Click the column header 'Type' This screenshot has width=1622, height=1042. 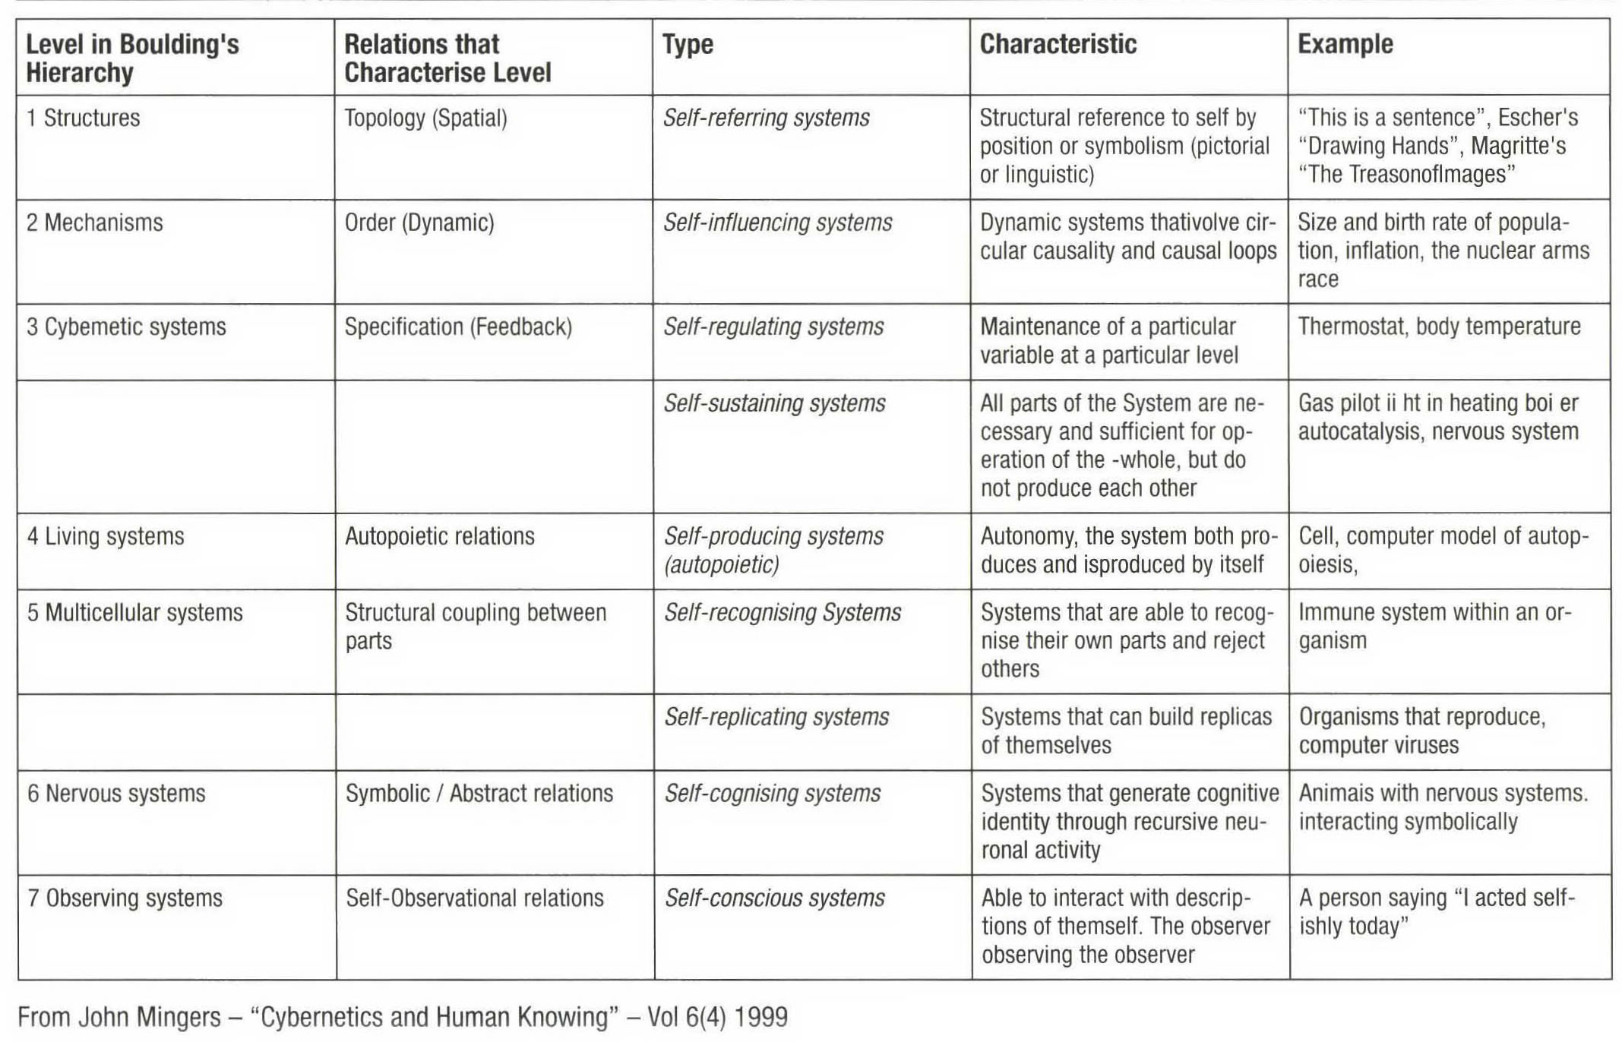point(688,44)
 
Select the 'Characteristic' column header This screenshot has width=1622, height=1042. point(1058,44)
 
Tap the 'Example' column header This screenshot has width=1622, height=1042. point(1345,44)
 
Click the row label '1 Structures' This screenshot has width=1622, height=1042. point(84,118)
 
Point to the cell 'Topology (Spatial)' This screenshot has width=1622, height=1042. point(425,118)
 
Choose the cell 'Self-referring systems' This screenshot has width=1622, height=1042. point(766,118)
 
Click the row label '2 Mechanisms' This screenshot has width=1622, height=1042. point(95,223)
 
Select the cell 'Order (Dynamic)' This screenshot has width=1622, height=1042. point(419,223)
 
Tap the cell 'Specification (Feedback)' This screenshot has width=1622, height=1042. point(458,327)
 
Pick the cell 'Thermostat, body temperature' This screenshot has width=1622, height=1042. point(1439,327)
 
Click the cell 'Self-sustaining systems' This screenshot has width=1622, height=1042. point(774,403)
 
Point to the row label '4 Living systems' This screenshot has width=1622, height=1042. point(106,536)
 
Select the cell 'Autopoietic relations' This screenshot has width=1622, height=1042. point(440,536)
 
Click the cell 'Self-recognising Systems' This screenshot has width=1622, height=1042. point(783,612)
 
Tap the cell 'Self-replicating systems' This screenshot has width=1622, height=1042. point(776,716)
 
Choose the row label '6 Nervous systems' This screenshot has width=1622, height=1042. point(116,793)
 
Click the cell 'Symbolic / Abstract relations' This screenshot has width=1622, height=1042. point(479,793)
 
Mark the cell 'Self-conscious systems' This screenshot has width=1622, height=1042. point(775,898)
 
